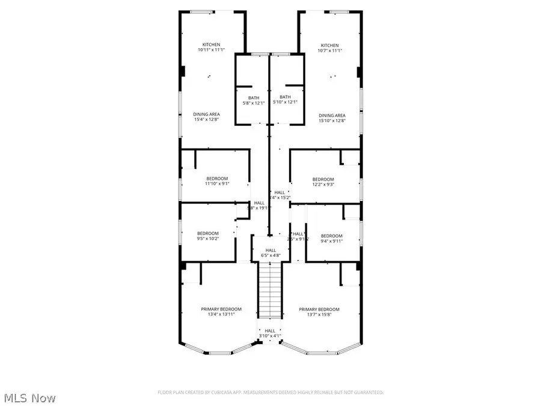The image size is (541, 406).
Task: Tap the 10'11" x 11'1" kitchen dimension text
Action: point(211,51)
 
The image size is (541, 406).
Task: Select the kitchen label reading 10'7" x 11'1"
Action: point(329,51)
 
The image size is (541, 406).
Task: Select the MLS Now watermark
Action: point(31,398)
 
